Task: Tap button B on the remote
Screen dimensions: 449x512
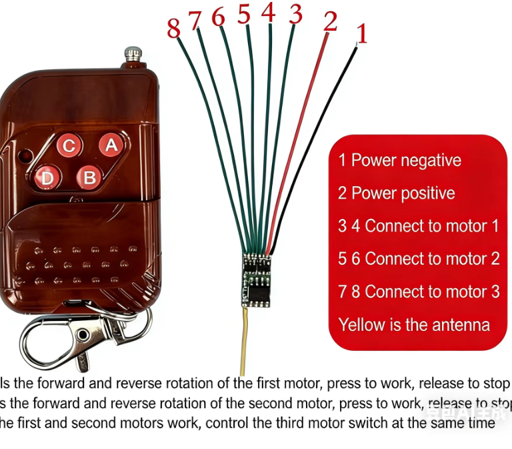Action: [x=88, y=177]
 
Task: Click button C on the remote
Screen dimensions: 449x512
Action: [x=69, y=146]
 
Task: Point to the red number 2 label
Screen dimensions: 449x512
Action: [x=330, y=21]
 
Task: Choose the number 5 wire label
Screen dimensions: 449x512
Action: [x=244, y=15]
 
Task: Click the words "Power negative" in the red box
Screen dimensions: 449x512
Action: [x=406, y=160]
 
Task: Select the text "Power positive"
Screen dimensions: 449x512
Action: [x=403, y=193]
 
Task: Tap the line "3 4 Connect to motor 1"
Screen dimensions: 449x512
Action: [x=418, y=226]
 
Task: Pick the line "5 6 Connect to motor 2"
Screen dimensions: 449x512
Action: [x=418, y=259]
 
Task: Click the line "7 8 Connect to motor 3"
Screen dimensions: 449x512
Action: [x=418, y=292]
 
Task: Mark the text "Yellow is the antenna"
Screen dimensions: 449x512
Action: [x=414, y=325]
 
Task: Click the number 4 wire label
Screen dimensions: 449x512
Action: [x=268, y=12]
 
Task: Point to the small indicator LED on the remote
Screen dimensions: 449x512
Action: [x=27, y=156]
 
